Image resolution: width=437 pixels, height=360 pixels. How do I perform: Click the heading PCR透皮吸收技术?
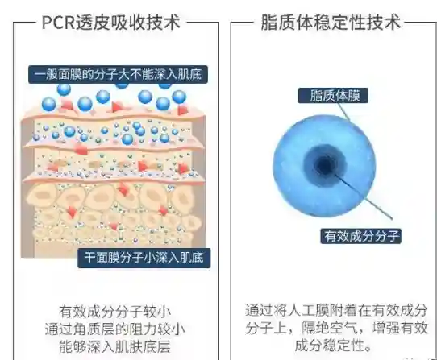111,23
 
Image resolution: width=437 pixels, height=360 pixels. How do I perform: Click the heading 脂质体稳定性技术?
331,23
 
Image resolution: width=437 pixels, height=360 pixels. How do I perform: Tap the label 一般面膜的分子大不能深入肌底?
118,75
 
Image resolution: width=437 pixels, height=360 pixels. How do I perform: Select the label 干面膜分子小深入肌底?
144,258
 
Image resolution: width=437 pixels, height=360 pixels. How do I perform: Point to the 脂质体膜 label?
333,96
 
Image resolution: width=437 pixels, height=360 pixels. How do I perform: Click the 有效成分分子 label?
361,236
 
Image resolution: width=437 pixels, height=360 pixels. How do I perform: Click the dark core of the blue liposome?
325,165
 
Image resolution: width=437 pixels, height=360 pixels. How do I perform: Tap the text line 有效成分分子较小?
114,312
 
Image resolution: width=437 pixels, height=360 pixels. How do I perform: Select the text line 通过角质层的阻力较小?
114,329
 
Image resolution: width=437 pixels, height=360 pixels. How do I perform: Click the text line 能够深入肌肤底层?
114,346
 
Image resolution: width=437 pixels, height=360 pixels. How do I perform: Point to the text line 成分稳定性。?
333,346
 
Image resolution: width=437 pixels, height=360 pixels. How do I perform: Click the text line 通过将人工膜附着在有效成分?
336,310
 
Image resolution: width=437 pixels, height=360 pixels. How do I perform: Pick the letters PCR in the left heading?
59,23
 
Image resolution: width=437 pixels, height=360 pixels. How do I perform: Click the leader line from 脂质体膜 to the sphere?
343,112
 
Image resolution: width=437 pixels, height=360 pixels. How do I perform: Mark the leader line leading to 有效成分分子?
363,197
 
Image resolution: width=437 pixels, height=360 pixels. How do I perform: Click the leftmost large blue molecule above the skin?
48,105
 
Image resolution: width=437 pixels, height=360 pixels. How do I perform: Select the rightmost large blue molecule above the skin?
179,97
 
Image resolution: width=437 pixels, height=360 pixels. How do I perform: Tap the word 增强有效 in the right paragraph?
400,328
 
